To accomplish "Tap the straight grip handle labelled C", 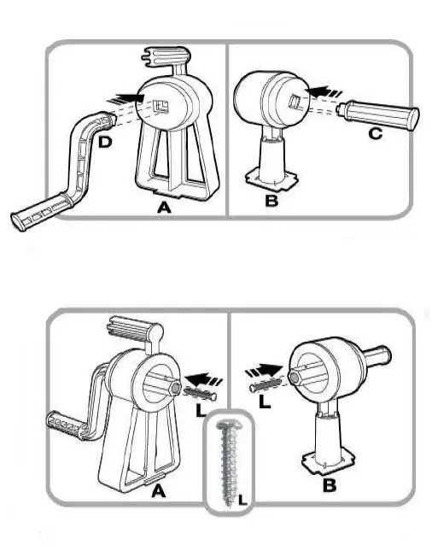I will coord(381,113).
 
